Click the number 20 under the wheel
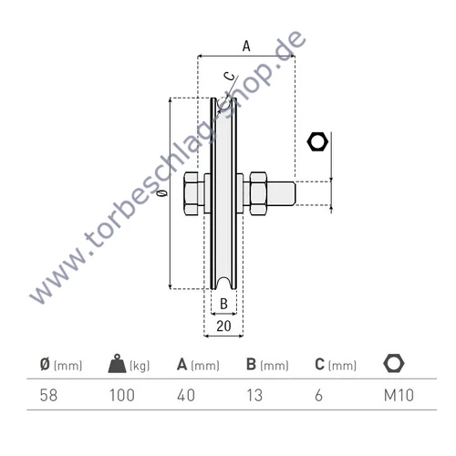223,324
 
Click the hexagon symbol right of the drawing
317,141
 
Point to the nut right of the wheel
254,194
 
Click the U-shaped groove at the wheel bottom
223,278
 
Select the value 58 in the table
50,396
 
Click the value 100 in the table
121,396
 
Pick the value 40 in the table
187,396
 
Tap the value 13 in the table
255,396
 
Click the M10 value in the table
394,396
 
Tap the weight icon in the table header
119,364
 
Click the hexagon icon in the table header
393,364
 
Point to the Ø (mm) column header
61,365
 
